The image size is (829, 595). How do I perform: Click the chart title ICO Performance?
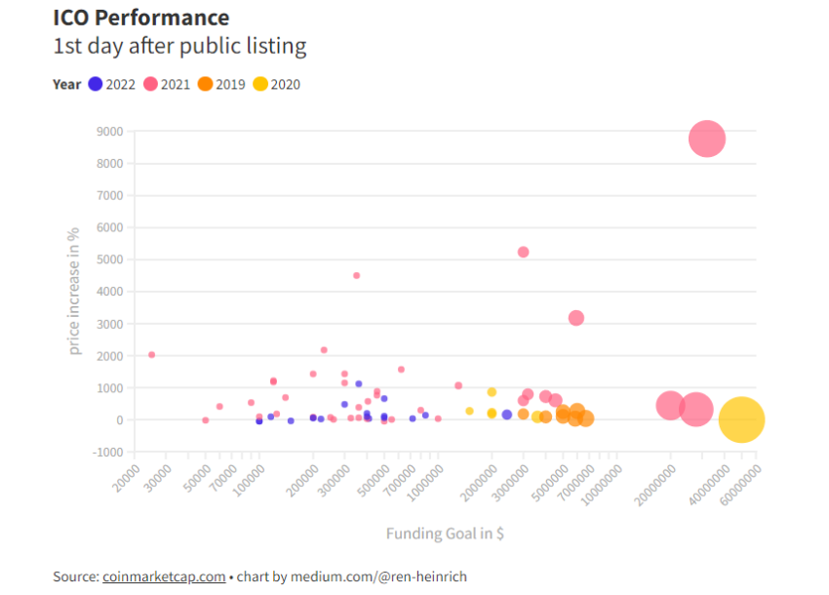click(141, 18)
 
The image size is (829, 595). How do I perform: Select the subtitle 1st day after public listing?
click(179, 46)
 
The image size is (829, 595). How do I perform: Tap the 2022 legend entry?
click(112, 84)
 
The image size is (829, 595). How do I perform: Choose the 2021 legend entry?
click(167, 84)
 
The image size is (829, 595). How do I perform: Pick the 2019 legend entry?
click(221, 84)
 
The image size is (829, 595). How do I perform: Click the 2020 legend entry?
click(277, 84)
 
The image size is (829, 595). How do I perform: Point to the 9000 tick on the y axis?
click(108, 132)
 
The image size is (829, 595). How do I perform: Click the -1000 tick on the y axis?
click(106, 453)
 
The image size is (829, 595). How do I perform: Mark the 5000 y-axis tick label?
click(108, 259)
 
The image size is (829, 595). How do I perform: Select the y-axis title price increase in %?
click(73, 292)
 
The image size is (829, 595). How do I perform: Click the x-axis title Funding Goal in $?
click(445, 534)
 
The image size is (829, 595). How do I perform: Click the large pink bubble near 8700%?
click(706, 139)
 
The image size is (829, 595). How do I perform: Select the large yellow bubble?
click(741, 419)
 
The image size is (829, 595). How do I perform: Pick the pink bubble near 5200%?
click(523, 252)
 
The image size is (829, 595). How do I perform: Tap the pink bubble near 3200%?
click(576, 318)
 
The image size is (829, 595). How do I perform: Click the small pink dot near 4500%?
click(356, 275)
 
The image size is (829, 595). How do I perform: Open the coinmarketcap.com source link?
click(164, 576)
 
